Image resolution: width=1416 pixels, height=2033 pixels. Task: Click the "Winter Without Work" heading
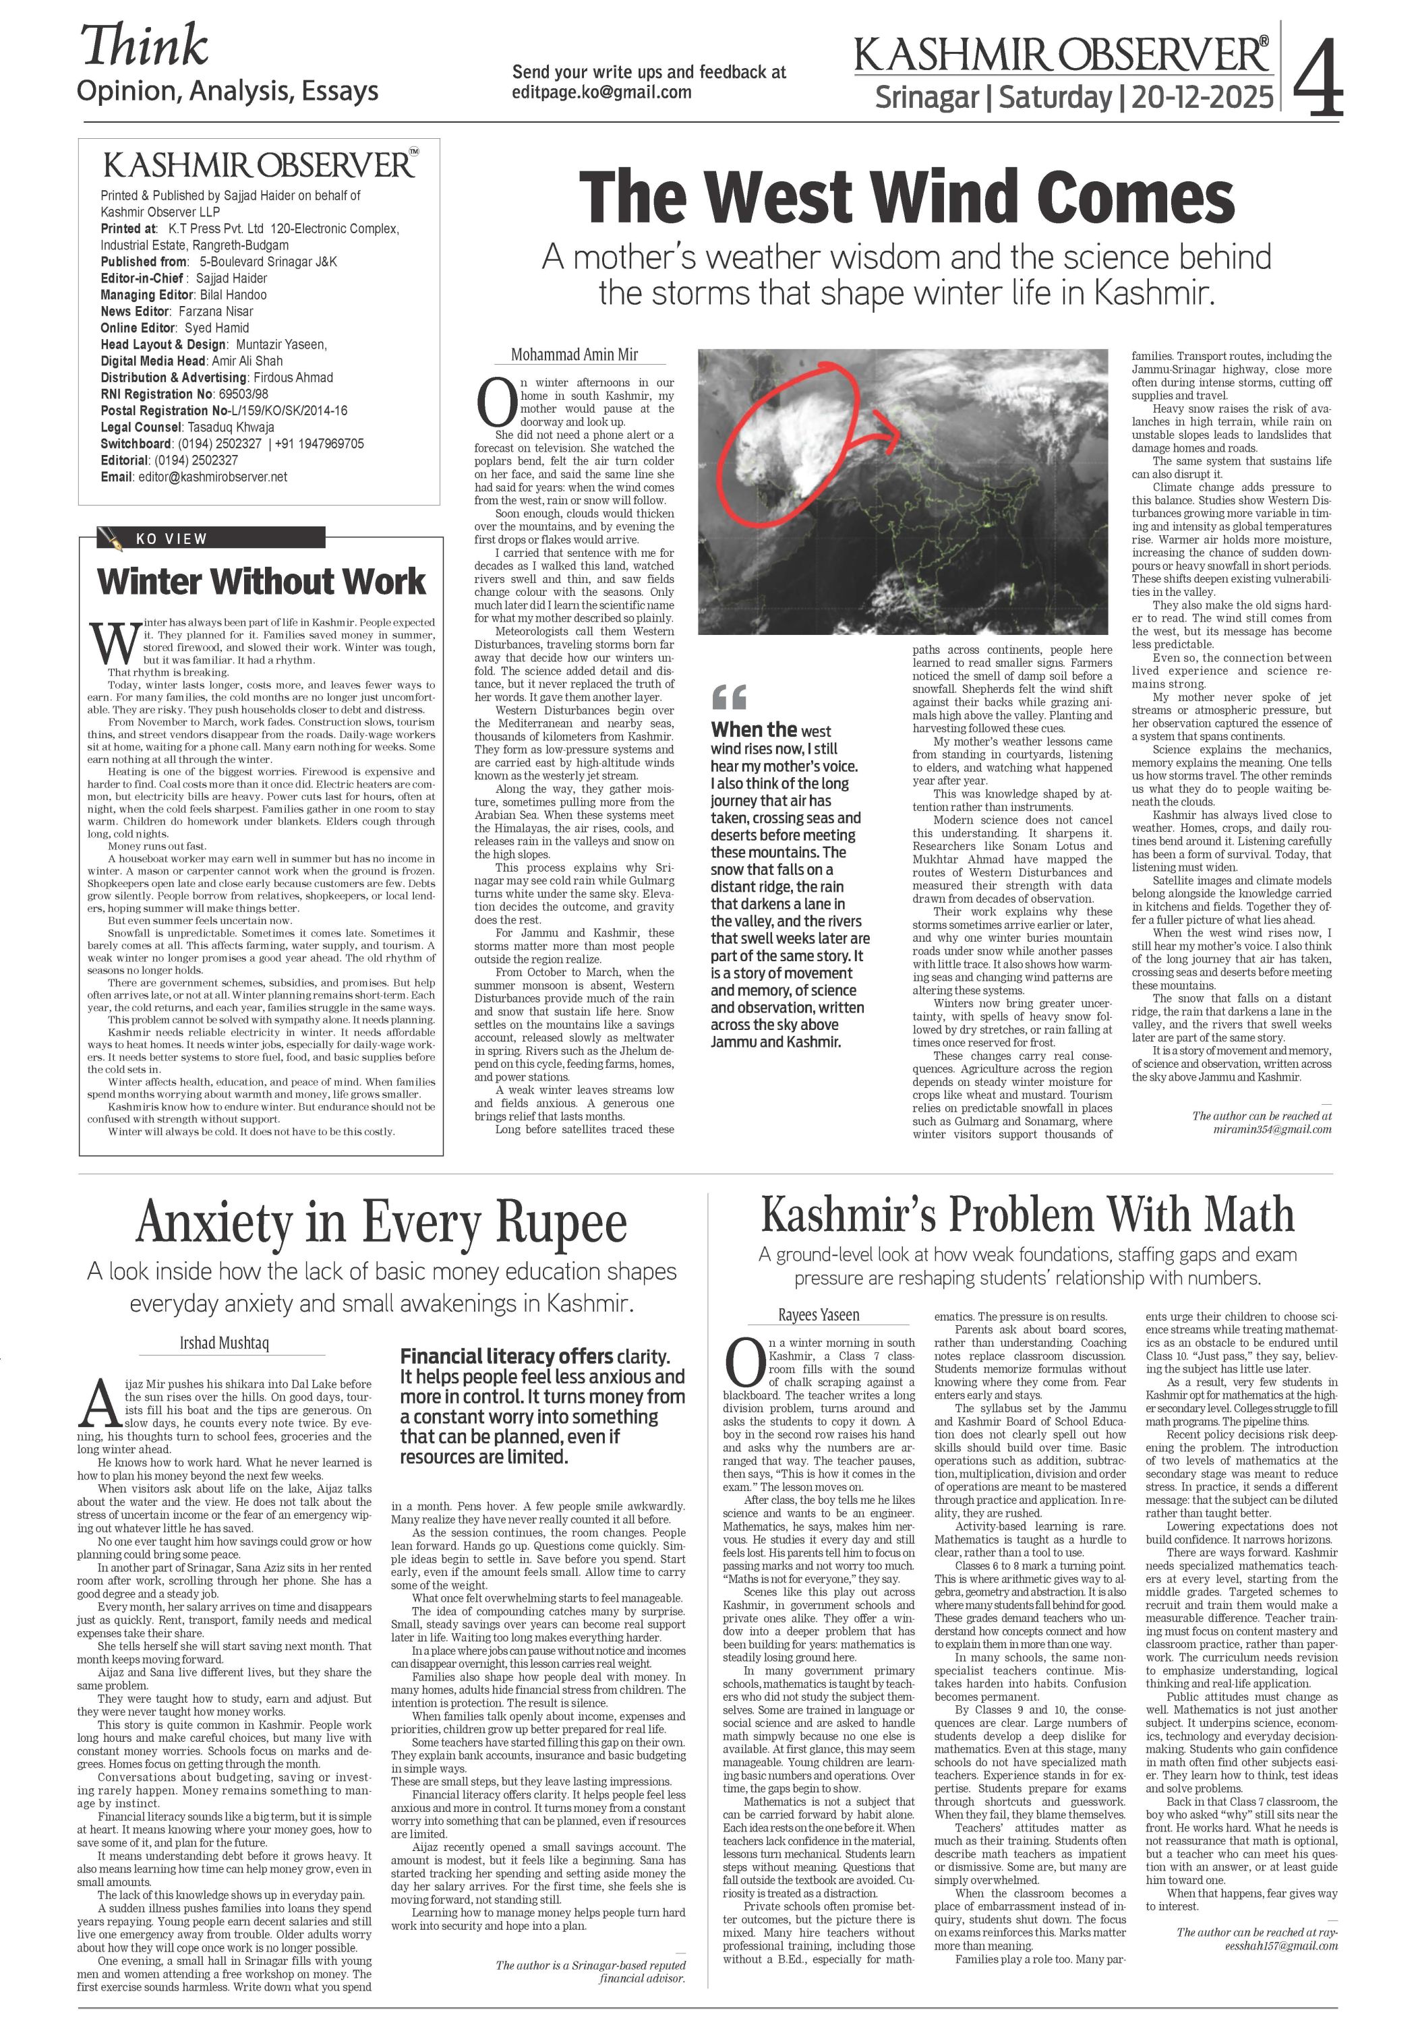point(261,582)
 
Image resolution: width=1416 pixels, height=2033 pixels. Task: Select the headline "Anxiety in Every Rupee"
point(382,1223)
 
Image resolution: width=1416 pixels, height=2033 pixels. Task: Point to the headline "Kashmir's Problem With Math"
point(1026,1215)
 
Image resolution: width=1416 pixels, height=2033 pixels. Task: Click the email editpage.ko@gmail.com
point(601,93)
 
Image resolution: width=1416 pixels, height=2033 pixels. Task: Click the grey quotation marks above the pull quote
point(729,697)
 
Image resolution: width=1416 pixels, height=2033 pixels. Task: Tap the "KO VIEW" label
point(172,539)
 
